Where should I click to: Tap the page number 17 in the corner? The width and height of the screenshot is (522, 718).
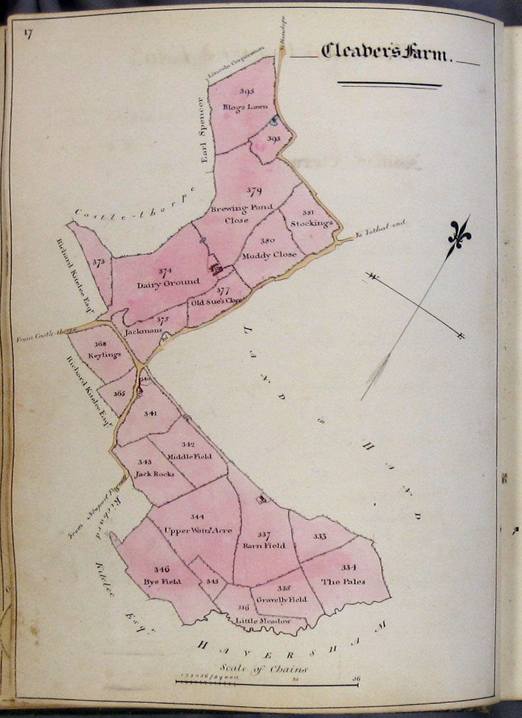tap(29, 35)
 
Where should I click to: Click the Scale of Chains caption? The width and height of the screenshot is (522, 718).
tap(264, 668)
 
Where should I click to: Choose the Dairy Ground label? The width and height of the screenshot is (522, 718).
tap(159, 285)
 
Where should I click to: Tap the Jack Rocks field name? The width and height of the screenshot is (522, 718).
tap(154, 474)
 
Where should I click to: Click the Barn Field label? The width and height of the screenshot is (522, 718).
tap(264, 545)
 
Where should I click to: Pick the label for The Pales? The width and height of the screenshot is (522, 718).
tap(343, 581)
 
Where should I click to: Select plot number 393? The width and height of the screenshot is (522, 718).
tap(273, 139)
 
